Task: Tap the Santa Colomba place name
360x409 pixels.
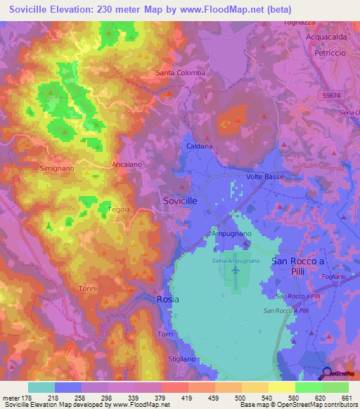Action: click(x=181, y=73)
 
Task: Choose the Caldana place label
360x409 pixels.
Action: click(x=200, y=146)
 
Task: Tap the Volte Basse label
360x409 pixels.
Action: click(x=265, y=177)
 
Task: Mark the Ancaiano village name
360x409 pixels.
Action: click(x=125, y=164)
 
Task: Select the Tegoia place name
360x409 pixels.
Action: click(x=118, y=209)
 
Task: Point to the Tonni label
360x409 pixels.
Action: click(x=88, y=289)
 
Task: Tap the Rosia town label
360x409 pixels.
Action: click(x=167, y=299)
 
